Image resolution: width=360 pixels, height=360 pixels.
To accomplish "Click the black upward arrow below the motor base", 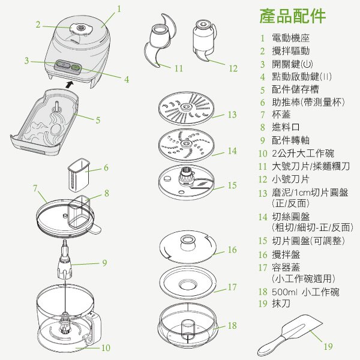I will [x=70, y=85].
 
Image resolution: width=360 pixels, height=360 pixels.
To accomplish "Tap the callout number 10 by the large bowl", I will [x=106, y=347].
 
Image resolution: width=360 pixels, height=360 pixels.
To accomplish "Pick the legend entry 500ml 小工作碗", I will [x=305, y=292].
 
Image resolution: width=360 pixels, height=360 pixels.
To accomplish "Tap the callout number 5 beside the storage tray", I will [x=98, y=119].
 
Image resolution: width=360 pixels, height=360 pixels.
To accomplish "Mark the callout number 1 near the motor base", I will [x=119, y=9].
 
